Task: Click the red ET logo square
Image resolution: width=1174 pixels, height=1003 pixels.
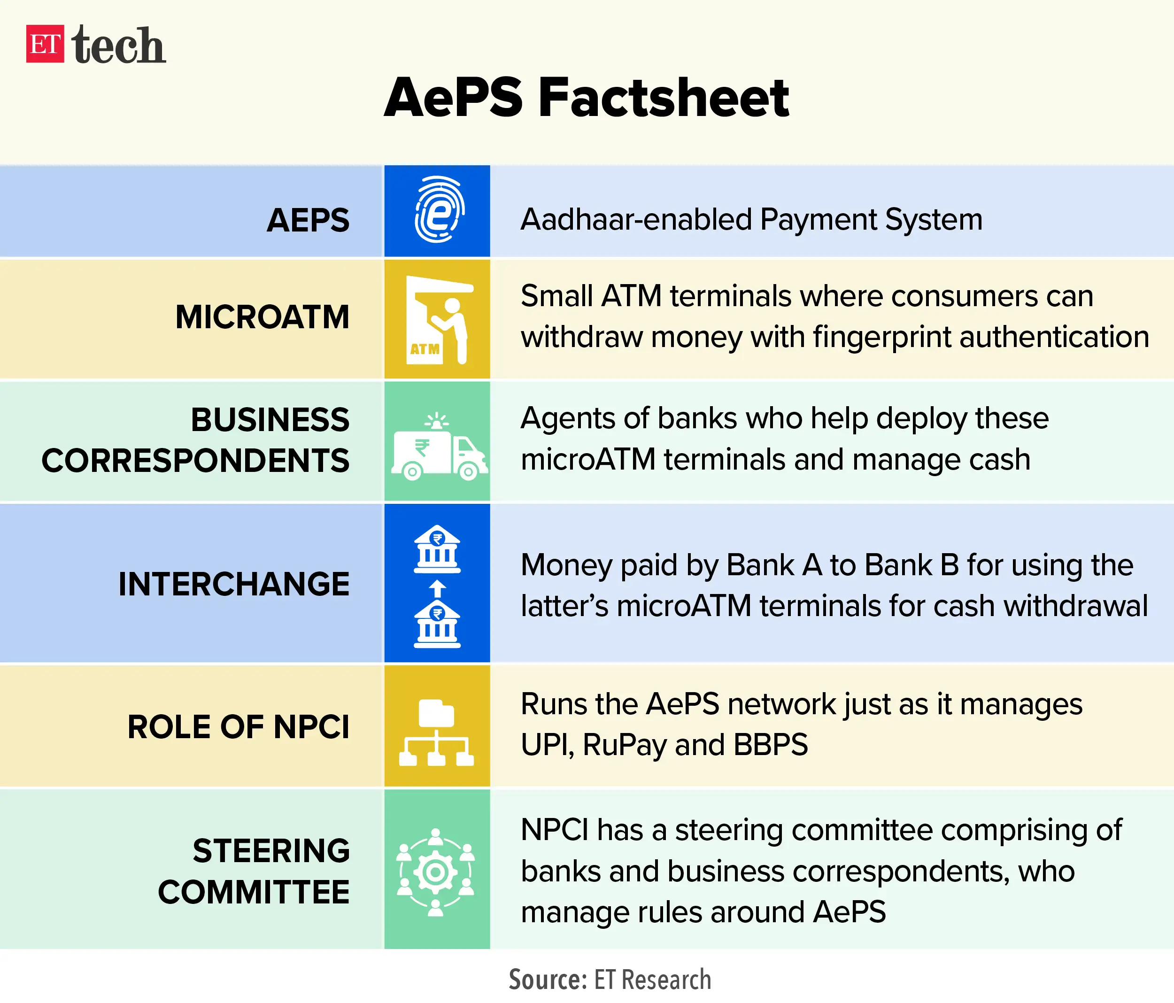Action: tap(45, 44)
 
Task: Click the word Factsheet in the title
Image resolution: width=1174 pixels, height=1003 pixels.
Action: tap(664, 98)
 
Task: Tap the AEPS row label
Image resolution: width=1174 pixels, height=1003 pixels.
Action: tap(308, 220)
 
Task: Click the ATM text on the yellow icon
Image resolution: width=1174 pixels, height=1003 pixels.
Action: tap(425, 349)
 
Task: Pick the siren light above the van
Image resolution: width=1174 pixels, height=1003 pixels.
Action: tap(437, 420)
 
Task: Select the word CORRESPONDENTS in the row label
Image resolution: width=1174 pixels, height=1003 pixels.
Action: tap(195, 460)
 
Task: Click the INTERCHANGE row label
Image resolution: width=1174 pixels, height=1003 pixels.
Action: tap(234, 584)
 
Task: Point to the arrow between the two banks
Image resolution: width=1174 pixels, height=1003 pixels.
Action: tap(437, 589)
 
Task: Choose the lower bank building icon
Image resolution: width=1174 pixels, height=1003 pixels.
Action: tap(437, 625)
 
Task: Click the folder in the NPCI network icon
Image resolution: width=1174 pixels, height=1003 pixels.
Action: tap(436, 713)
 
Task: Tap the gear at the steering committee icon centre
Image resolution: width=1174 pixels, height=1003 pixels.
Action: tap(435, 872)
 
